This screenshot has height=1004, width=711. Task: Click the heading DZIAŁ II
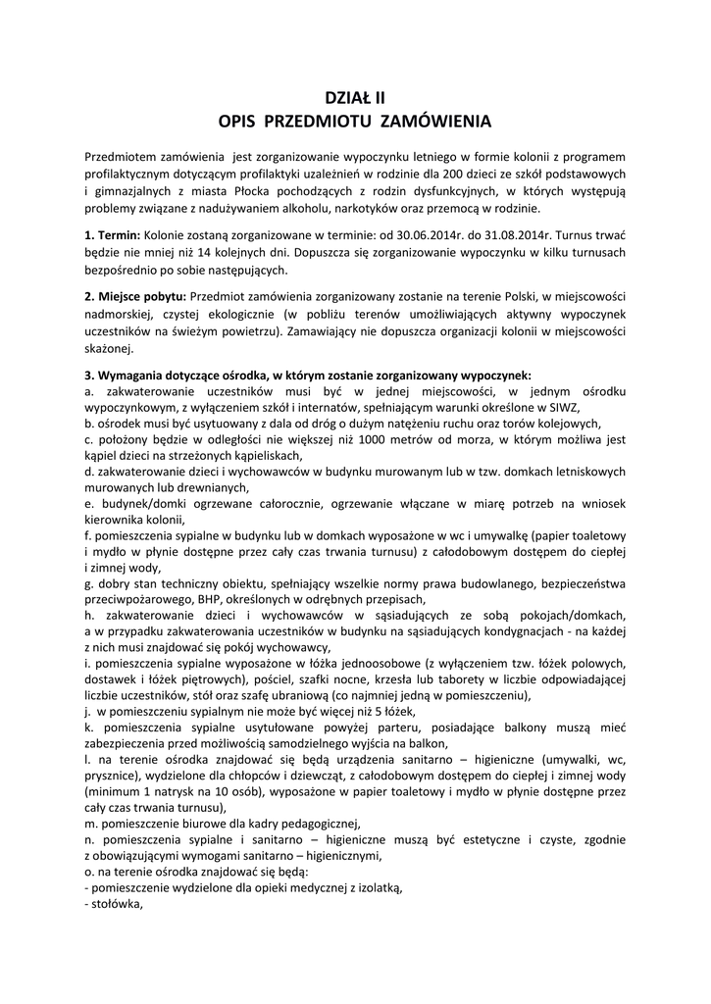coord(355,97)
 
